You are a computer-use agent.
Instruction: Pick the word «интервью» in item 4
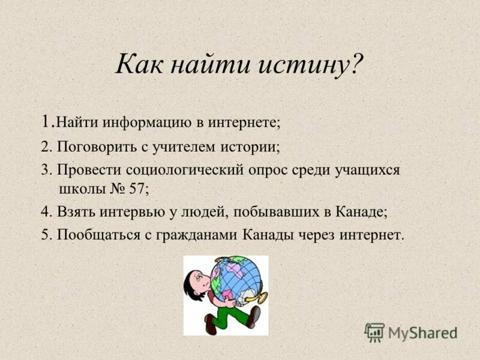(x=127, y=212)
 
